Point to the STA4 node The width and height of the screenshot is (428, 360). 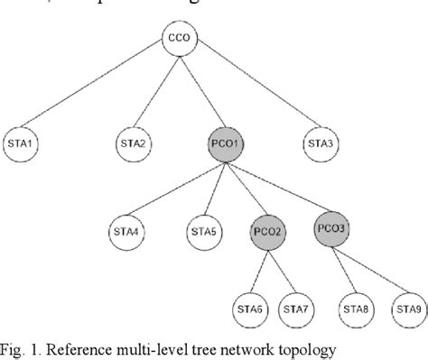coord(126,232)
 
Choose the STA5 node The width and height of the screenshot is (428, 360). coord(203,232)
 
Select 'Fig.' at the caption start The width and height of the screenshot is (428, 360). coord(14,346)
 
